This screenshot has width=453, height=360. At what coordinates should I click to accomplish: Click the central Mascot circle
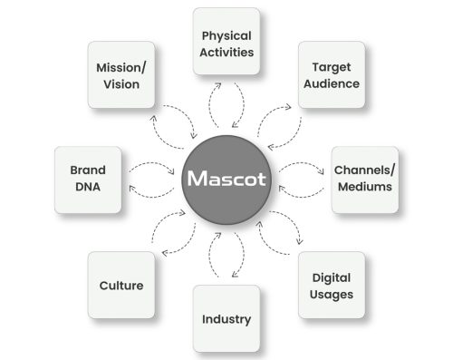(x=226, y=179)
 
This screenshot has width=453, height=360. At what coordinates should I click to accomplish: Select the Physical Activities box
(x=226, y=43)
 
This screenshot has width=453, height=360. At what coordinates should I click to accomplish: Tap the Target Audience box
(x=330, y=75)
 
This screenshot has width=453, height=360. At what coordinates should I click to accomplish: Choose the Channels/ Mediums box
(x=363, y=179)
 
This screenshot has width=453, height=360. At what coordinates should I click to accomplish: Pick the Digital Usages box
(x=332, y=286)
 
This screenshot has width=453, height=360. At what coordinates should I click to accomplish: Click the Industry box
(x=226, y=319)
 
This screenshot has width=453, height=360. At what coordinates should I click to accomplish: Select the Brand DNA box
(x=88, y=179)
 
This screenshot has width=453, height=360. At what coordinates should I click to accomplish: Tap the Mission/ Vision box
(x=121, y=75)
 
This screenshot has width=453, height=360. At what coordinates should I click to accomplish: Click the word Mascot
(x=226, y=179)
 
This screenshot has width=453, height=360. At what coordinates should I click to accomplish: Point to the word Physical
(x=226, y=35)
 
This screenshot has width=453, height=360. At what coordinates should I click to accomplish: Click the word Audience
(x=330, y=83)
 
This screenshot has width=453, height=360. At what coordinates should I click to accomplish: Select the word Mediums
(x=363, y=188)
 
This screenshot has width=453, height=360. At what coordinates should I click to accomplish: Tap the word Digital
(x=332, y=277)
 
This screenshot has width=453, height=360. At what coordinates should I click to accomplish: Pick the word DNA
(x=88, y=188)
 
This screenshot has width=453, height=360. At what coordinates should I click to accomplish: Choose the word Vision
(x=121, y=84)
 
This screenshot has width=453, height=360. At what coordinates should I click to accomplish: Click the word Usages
(x=332, y=295)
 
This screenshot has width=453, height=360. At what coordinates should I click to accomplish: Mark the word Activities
(x=226, y=52)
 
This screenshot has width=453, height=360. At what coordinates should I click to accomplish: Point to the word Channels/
(x=363, y=170)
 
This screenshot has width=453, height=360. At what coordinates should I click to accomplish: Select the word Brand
(x=88, y=170)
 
